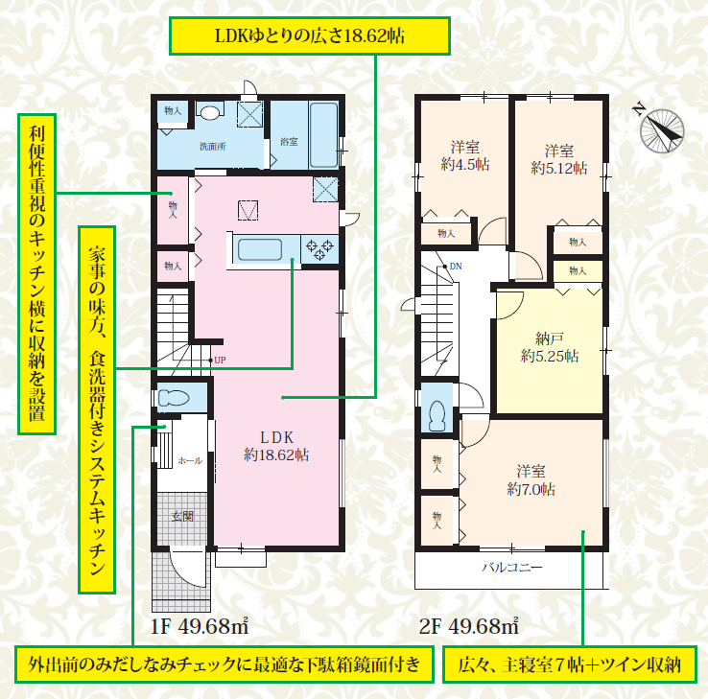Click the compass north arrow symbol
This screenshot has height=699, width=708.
(x=662, y=130)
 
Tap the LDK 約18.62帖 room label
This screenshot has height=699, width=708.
(x=276, y=446)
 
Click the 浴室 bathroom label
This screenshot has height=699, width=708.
(x=289, y=142)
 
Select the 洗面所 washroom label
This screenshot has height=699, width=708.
(x=213, y=147)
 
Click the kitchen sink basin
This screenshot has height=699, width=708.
(x=260, y=249)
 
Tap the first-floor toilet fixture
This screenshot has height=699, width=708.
(x=174, y=398)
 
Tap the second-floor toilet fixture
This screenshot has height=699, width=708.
(x=437, y=415)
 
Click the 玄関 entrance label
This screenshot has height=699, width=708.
(x=183, y=516)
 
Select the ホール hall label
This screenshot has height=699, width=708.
(x=190, y=461)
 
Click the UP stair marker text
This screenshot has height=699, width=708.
(x=220, y=361)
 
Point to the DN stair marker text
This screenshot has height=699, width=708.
(x=456, y=267)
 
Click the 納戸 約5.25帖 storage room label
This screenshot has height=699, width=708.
(x=550, y=347)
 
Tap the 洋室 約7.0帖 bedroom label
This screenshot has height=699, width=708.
(x=531, y=480)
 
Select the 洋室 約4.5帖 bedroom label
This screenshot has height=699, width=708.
(x=465, y=155)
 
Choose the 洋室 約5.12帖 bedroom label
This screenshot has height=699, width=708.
(x=559, y=159)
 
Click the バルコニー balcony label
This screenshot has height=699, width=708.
(x=512, y=568)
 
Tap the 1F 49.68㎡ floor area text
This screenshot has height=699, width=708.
(x=200, y=626)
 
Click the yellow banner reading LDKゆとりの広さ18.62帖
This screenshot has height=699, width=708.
(x=310, y=35)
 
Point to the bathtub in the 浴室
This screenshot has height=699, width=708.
(x=323, y=135)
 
